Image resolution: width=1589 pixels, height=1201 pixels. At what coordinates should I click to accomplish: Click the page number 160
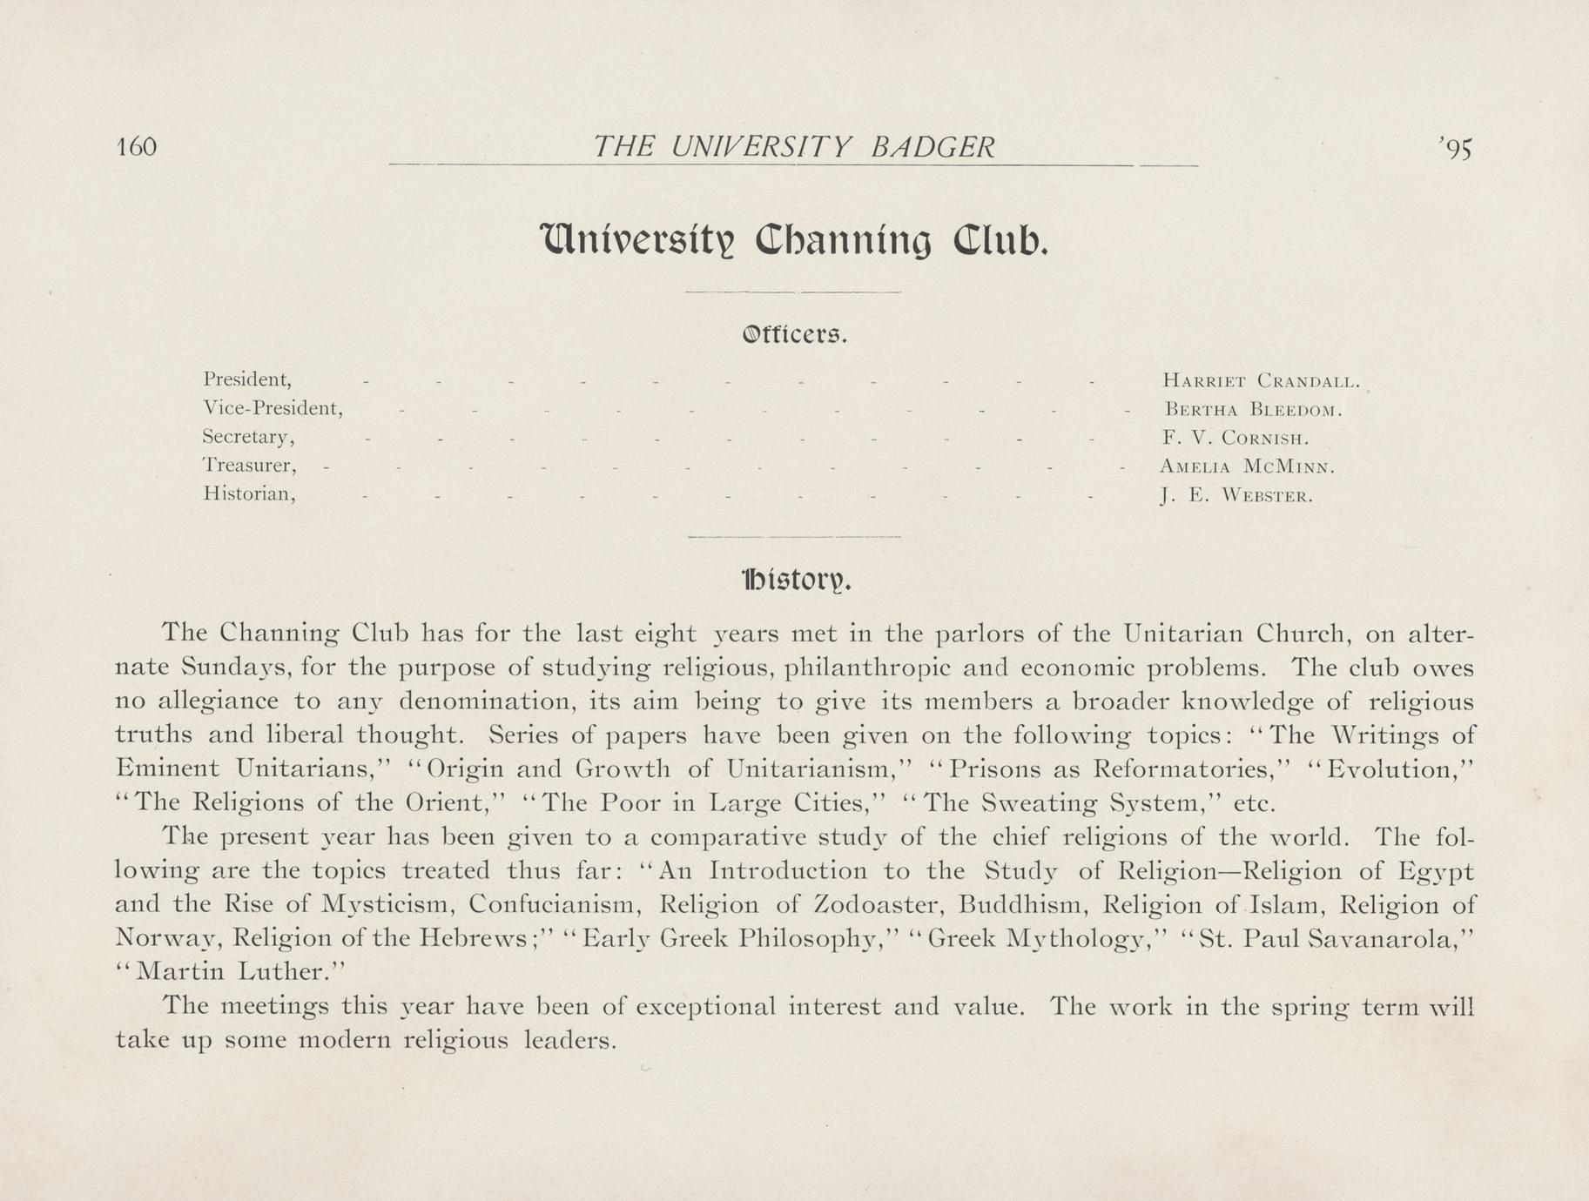tap(136, 147)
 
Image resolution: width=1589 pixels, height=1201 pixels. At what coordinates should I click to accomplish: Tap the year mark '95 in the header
tap(1455, 150)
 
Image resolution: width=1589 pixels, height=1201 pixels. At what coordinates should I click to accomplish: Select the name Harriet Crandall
tap(1260, 380)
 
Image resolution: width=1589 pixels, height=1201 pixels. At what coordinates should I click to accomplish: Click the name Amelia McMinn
tap(1247, 467)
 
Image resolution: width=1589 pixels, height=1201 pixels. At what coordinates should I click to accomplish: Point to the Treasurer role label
tap(251, 466)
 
